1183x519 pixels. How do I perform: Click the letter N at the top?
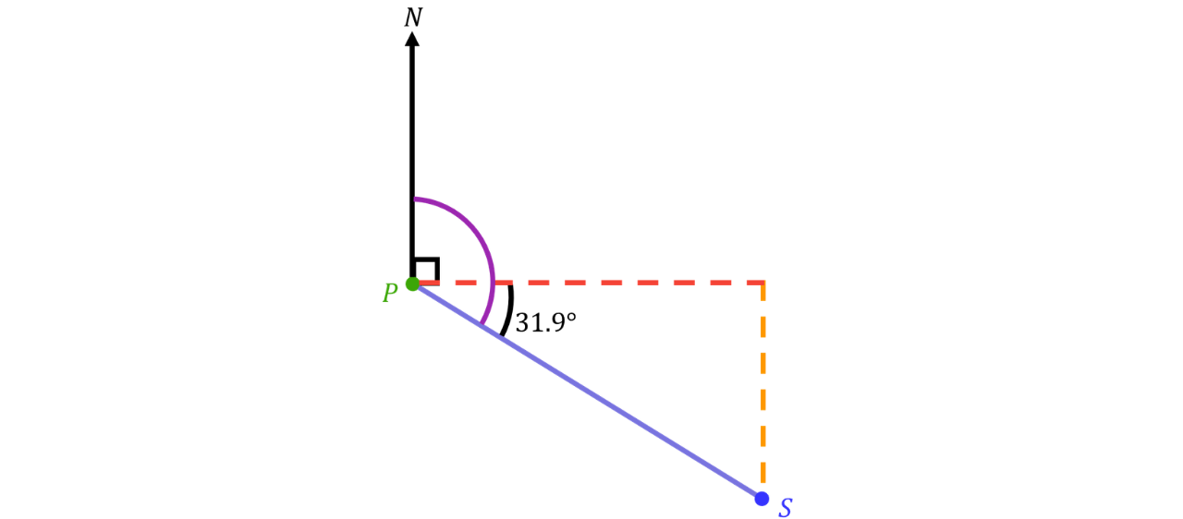click(x=413, y=18)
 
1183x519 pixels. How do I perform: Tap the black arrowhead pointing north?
click(x=412, y=39)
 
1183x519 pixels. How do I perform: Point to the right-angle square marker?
click(x=427, y=270)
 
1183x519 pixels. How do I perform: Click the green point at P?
click(x=412, y=284)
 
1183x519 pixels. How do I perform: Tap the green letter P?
click(x=390, y=293)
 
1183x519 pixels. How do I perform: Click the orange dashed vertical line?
click(x=763, y=383)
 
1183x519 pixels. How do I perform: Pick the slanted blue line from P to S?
click(x=586, y=391)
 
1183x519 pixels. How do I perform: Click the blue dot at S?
click(x=762, y=499)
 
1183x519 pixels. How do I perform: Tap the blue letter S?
click(x=786, y=508)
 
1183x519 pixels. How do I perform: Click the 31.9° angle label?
click(x=545, y=323)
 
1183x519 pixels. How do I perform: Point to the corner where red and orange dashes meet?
click(x=763, y=283)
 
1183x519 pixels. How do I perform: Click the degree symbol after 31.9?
click(x=570, y=318)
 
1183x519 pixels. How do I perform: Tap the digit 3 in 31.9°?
click(x=522, y=323)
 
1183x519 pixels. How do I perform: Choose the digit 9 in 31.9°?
click(x=557, y=323)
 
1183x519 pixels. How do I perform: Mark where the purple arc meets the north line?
click(x=413, y=199)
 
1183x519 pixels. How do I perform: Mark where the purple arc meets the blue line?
click(x=482, y=325)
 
